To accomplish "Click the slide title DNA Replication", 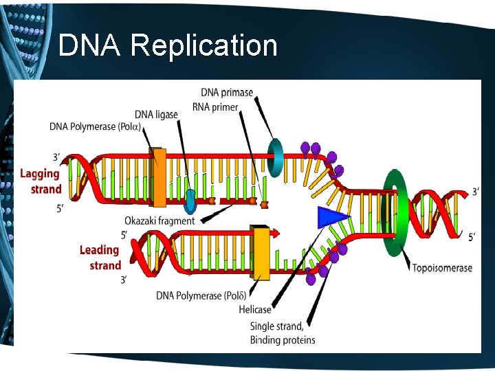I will point(168,46).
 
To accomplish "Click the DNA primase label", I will point(227,92).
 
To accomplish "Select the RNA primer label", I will point(215,106).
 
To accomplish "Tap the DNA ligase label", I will point(156,114).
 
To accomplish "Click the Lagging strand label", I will point(41,181).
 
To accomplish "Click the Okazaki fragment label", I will point(159,221).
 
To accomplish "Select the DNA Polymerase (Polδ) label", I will point(199,295).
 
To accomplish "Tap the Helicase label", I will point(255,310).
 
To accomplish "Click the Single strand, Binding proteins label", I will point(283,333).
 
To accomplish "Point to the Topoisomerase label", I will point(442,267).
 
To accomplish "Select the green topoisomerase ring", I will point(395,214).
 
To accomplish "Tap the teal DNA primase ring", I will point(276,158).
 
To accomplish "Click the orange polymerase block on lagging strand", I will point(158,177).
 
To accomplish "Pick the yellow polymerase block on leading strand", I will point(261,254).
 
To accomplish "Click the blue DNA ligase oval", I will point(190,201).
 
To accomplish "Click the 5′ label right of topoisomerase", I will point(472,237).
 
